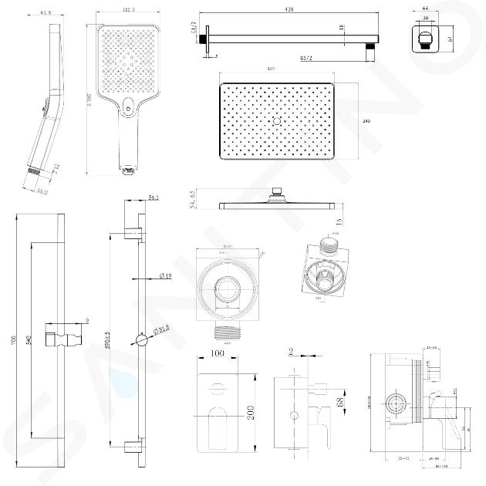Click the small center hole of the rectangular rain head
pos(275,121)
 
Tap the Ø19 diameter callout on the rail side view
pos(164,275)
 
